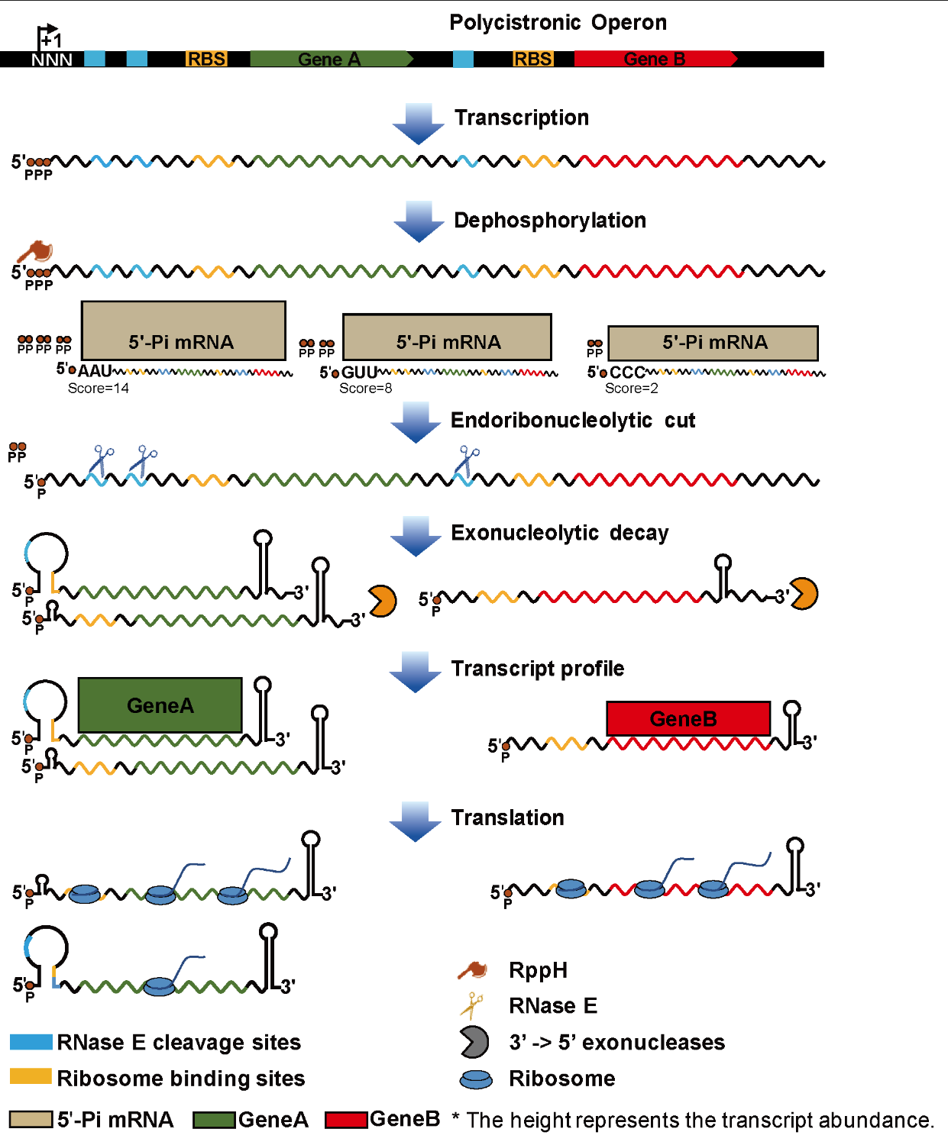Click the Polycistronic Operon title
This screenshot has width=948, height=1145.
tap(558, 23)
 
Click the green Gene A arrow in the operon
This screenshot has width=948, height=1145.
tap(331, 60)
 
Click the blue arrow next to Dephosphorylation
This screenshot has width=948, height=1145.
tap(419, 221)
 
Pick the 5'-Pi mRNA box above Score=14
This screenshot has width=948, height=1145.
tap(183, 331)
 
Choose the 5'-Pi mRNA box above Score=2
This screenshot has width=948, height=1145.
tap(713, 343)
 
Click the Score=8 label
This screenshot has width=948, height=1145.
tap(366, 389)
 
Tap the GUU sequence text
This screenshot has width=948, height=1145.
tap(359, 373)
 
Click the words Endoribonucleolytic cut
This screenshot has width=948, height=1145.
tap(573, 421)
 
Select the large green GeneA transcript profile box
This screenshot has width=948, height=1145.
tap(160, 705)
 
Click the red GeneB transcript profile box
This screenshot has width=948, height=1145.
tap(688, 718)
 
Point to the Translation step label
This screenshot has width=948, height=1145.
tap(507, 818)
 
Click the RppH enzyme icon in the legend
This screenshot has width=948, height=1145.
tap(473, 970)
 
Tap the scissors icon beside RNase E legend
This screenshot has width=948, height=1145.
tap(471, 1005)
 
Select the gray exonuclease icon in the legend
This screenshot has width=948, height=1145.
tap(474, 1042)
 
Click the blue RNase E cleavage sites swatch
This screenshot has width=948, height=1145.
tap(31, 1042)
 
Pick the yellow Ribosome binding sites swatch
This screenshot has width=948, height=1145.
tap(31, 1076)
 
